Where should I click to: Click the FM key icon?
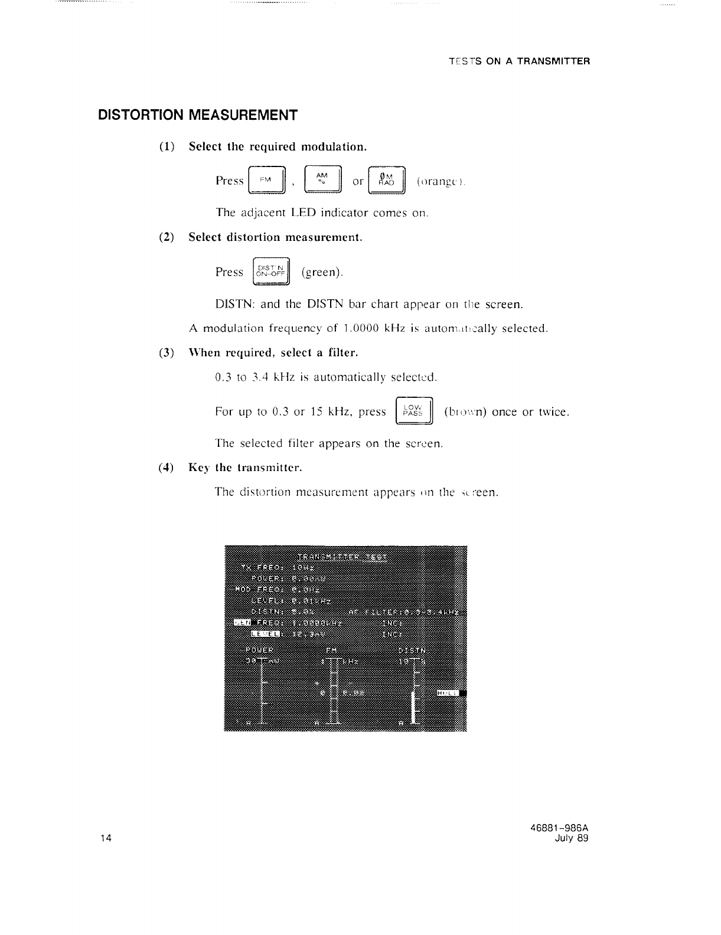[x=267, y=181]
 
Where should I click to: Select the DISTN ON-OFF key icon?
[x=271, y=272]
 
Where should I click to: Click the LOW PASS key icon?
[x=413, y=411]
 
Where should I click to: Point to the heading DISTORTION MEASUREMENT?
[x=197, y=115]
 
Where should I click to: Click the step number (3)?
[x=167, y=353]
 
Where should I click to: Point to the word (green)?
[x=322, y=272]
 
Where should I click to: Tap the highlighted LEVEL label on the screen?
[x=265, y=634]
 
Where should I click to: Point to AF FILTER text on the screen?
[x=369, y=611]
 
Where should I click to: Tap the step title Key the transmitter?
[x=245, y=467]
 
